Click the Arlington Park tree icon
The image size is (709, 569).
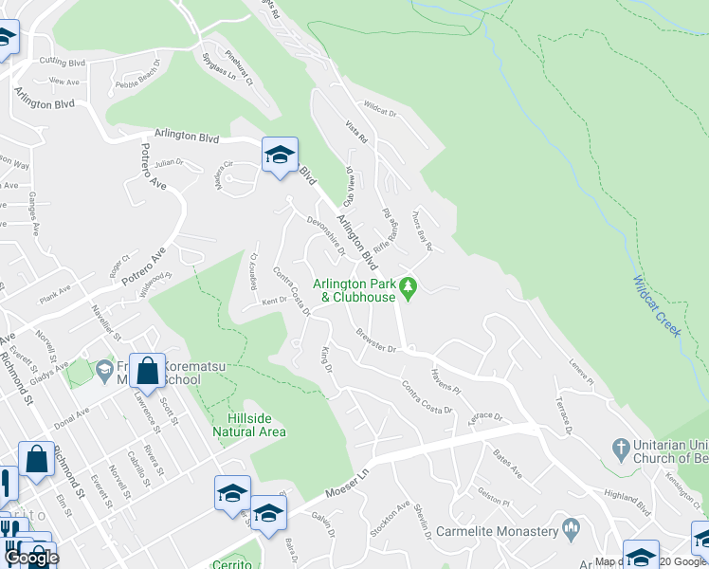(x=409, y=285)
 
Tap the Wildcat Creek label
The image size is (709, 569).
(x=656, y=305)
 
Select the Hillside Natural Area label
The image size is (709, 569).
(x=257, y=425)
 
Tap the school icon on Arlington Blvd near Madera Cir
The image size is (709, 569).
(x=280, y=156)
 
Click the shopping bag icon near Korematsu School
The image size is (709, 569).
(x=149, y=371)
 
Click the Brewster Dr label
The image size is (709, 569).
(x=375, y=340)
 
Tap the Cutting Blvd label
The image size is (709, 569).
(x=63, y=62)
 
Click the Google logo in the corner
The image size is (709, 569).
(x=31, y=558)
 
